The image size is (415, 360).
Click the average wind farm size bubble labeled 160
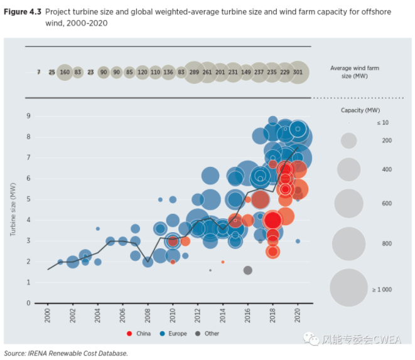tap(65, 73)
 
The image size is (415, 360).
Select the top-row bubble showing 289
tap(194, 73)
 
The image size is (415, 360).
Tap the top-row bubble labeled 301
tap(298, 73)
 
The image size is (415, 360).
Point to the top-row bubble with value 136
tap(168, 73)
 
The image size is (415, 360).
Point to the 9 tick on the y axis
tap(28, 116)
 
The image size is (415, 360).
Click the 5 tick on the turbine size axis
tap(28, 199)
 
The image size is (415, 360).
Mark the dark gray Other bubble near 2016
tap(248, 270)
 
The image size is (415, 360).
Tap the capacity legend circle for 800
tap(348, 243)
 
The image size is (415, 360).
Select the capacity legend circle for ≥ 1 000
tap(348, 289)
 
